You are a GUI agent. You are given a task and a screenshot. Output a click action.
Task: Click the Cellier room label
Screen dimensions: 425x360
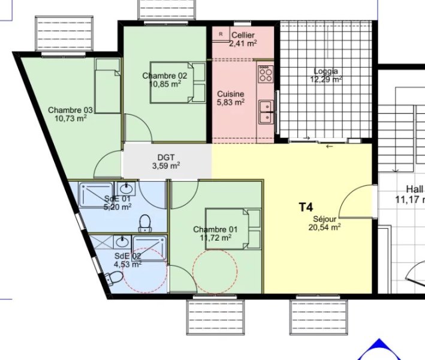pyautogui.click(x=243, y=35)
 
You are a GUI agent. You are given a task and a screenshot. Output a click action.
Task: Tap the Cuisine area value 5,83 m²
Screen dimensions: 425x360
pyautogui.click(x=231, y=102)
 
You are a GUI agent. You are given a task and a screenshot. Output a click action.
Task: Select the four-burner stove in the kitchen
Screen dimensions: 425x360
pyautogui.click(x=266, y=74)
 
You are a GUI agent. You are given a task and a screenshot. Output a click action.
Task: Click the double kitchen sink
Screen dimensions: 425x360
pyautogui.click(x=266, y=112)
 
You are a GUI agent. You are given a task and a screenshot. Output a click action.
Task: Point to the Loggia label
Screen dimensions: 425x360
pyautogui.click(x=326, y=71)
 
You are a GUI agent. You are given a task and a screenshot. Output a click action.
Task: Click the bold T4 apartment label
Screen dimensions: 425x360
pyautogui.click(x=306, y=207)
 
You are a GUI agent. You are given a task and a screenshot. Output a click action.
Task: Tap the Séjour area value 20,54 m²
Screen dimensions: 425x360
pyautogui.click(x=324, y=227)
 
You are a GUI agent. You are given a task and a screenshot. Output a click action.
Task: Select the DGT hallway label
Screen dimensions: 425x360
pyautogui.click(x=166, y=157)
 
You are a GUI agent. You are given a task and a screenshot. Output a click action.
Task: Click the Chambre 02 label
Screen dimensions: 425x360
pyautogui.click(x=164, y=76)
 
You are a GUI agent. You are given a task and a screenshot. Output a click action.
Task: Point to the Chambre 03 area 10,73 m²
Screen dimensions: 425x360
pyautogui.click(x=71, y=118)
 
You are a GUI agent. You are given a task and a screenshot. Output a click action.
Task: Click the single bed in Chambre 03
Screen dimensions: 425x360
pyautogui.click(x=108, y=86)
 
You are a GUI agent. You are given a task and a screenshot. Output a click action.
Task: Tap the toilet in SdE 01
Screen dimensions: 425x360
pyautogui.click(x=145, y=224)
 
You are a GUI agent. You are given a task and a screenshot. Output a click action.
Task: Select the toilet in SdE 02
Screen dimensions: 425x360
pyautogui.click(x=114, y=278)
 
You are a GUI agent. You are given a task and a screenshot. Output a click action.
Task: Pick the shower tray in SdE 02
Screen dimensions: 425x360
pyautogui.click(x=149, y=248)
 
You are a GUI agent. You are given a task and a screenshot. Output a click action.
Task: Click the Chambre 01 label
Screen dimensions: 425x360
pyautogui.click(x=215, y=230)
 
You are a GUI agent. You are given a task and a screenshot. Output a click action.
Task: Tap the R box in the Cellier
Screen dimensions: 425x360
pyautogui.click(x=221, y=34)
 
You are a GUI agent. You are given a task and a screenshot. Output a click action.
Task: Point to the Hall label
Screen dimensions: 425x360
pyautogui.click(x=415, y=189)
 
